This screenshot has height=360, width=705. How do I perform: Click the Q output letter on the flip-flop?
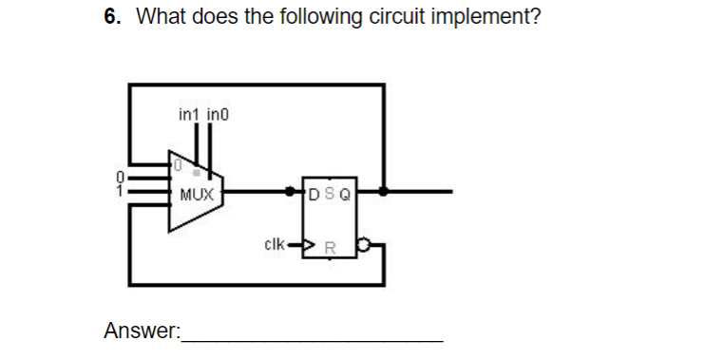coord(344,196)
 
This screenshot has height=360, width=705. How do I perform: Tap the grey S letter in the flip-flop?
coord(329,196)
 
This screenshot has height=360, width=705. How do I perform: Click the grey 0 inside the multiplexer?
coord(176,164)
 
